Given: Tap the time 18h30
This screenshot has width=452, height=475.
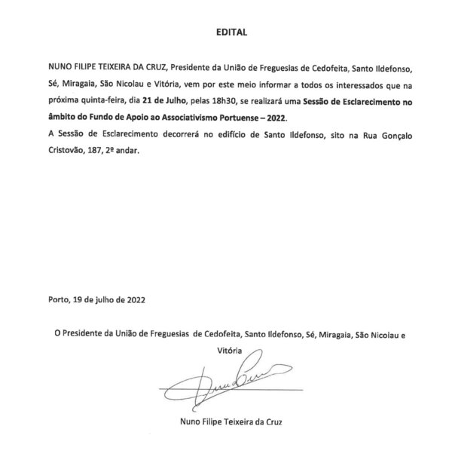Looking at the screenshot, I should click(226, 101).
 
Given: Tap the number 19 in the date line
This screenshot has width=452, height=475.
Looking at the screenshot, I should click(79, 299).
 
